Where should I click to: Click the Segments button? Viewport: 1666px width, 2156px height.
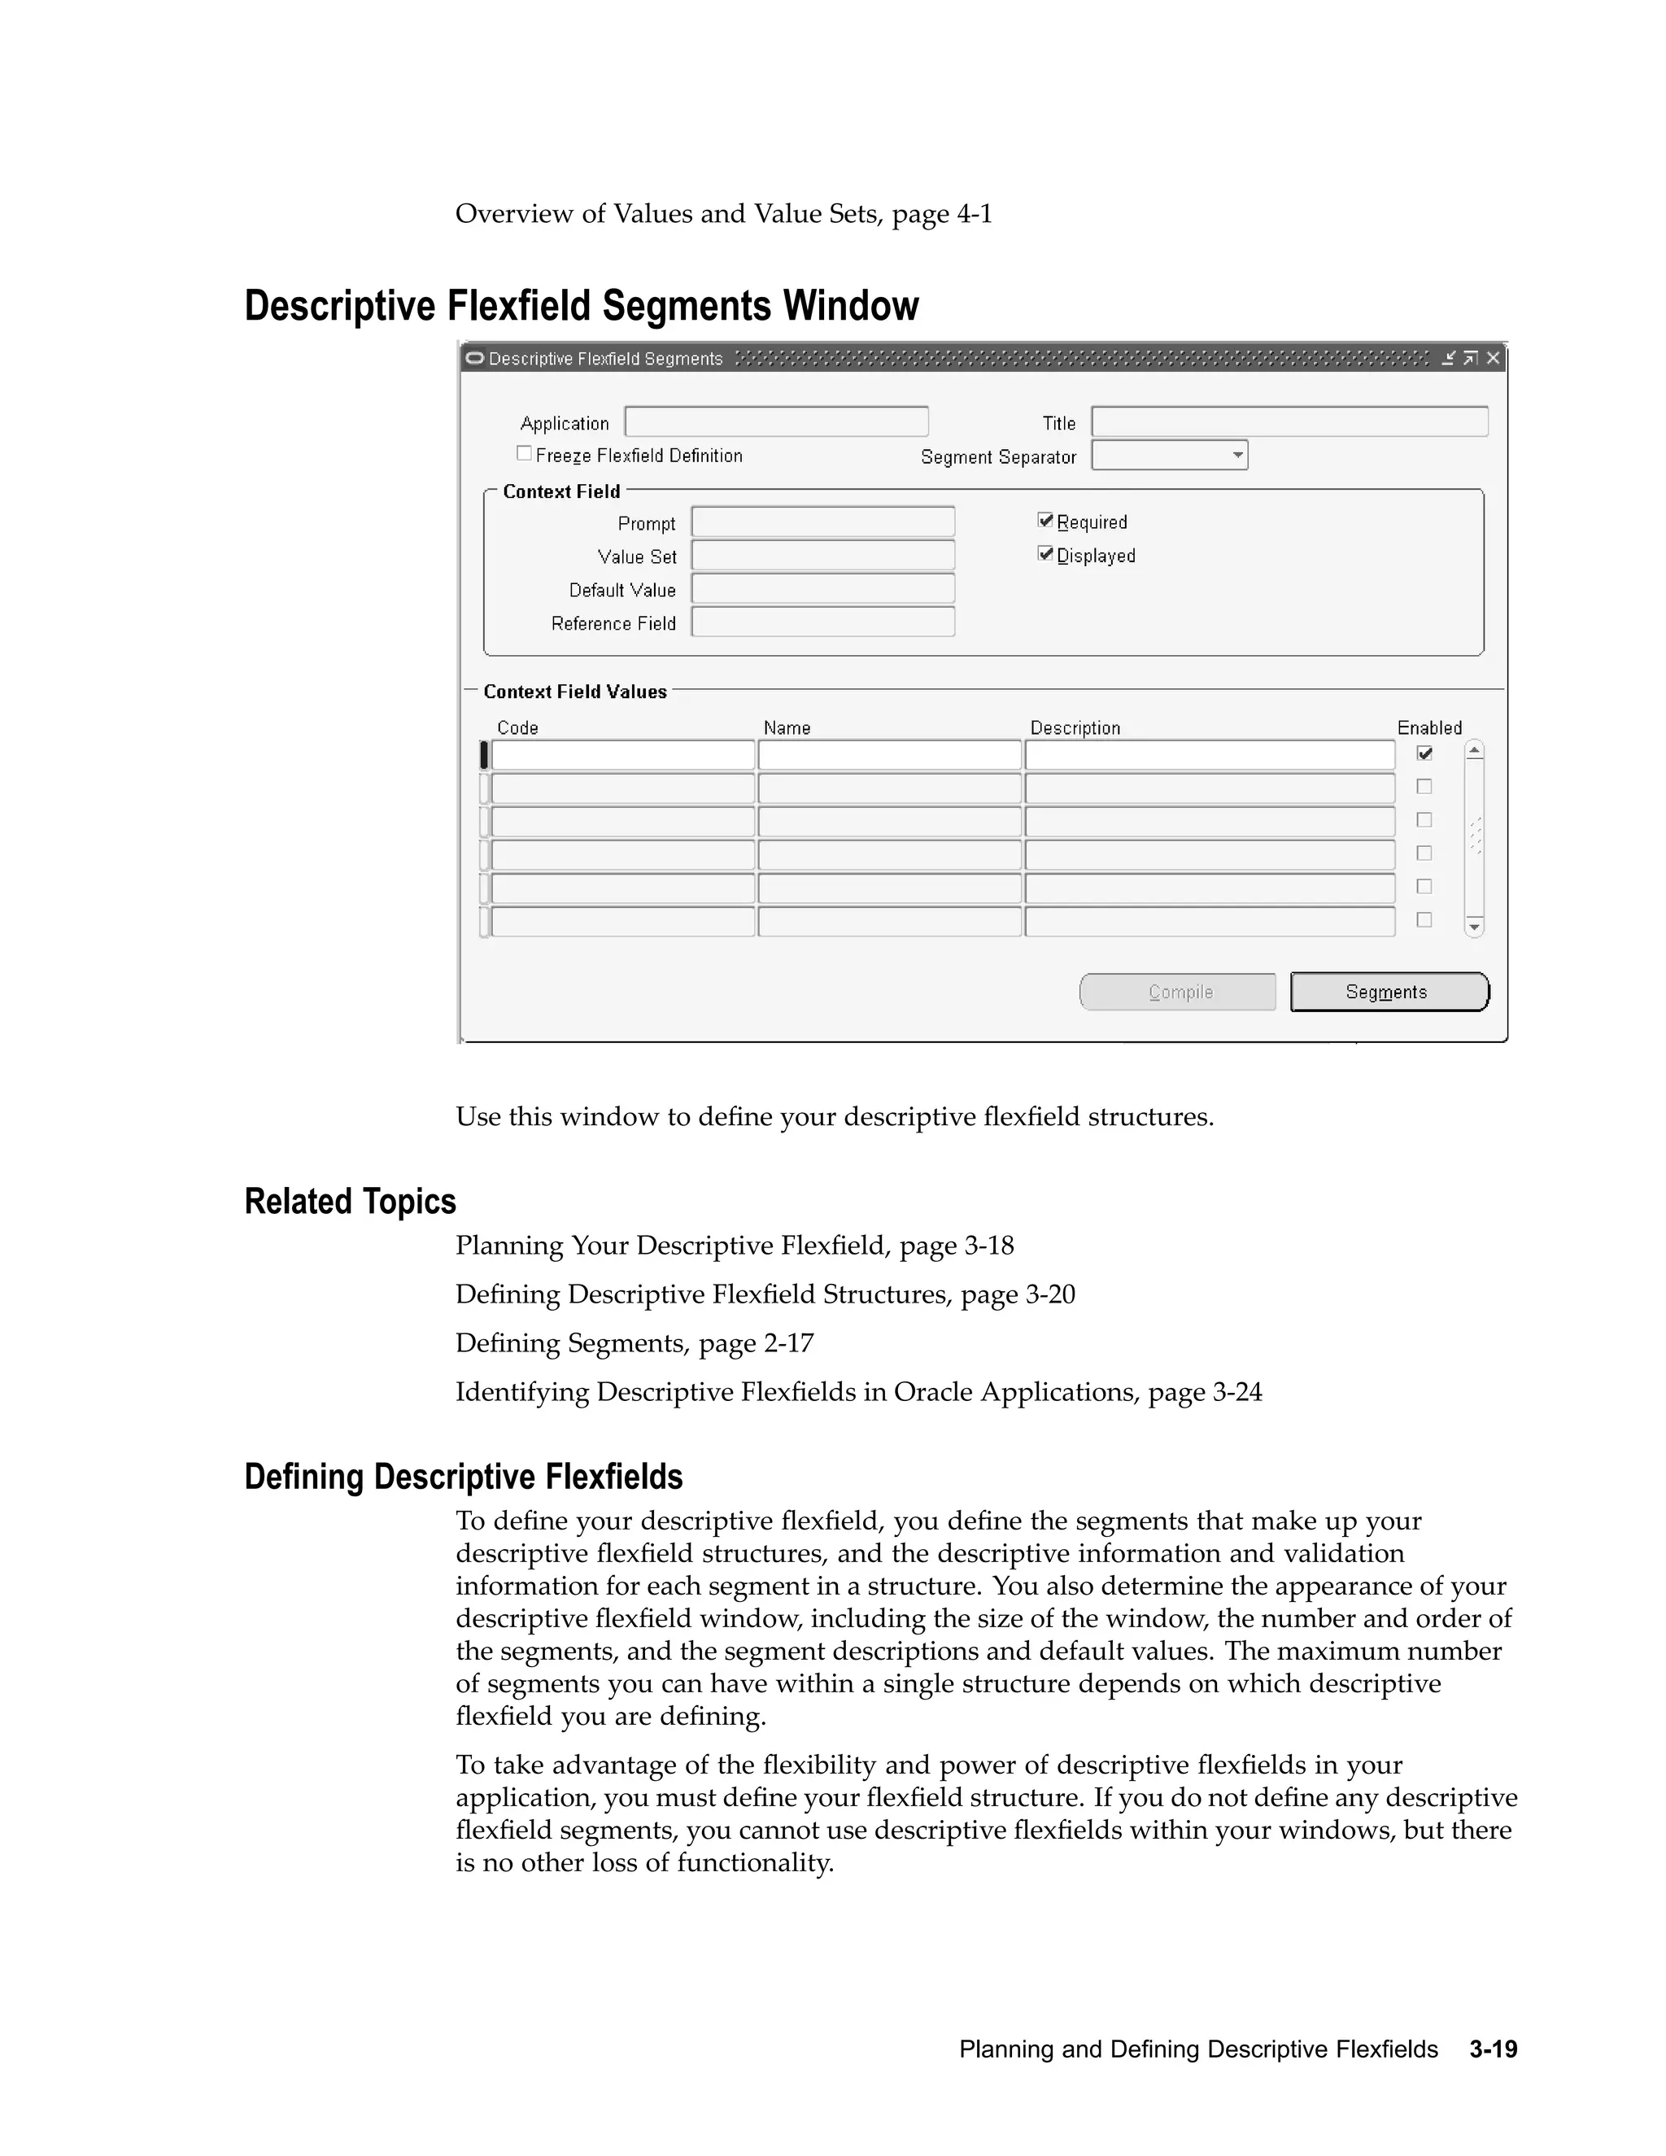(x=1388, y=992)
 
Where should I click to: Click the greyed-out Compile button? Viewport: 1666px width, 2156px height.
(x=1177, y=992)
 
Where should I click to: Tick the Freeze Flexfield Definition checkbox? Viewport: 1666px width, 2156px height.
(x=524, y=453)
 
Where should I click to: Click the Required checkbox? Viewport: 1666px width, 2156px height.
(x=1045, y=520)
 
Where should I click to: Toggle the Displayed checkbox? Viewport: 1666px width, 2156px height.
(x=1045, y=554)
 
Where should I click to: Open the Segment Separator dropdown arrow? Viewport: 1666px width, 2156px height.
(x=1237, y=455)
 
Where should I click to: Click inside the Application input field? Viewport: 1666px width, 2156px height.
(x=776, y=421)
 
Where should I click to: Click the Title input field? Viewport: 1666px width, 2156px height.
(x=1289, y=421)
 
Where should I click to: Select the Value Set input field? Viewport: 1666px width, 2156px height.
(x=822, y=555)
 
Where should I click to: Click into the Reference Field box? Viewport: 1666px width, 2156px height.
(x=822, y=622)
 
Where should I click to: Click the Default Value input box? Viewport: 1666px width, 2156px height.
(x=822, y=588)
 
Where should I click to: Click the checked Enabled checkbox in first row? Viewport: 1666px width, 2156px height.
(x=1424, y=753)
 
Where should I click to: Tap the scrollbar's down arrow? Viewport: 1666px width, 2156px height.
(x=1473, y=927)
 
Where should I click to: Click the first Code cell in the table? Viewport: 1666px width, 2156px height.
(x=623, y=755)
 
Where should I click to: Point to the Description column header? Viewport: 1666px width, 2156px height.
(x=1075, y=727)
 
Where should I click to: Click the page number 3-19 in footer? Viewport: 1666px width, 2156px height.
(x=1492, y=2049)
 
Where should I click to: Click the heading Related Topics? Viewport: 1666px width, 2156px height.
(x=351, y=1202)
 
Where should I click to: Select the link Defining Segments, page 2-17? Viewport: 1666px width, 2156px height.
(x=635, y=1342)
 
